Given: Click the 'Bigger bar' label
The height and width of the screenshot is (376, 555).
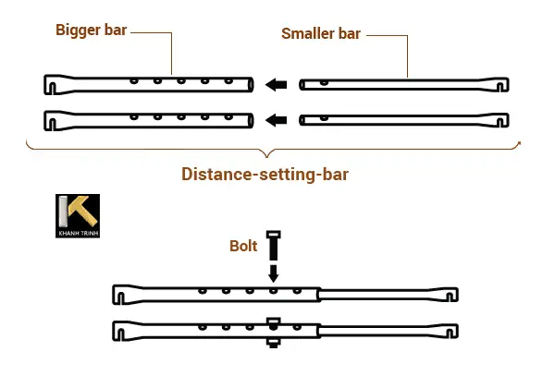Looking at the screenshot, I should (91, 30).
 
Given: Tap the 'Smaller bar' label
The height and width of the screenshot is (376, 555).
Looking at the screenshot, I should (320, 34).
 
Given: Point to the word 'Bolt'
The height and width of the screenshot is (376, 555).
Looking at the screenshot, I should (244, 247).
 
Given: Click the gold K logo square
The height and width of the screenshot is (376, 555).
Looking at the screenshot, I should (77, 212).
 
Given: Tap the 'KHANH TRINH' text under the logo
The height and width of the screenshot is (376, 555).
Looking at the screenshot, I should (77, 233).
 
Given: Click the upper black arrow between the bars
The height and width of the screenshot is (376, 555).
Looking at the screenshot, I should (275, 86).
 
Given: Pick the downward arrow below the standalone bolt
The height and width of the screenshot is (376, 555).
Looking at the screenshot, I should (273, 273).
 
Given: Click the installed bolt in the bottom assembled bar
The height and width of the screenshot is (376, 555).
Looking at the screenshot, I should (273, 332).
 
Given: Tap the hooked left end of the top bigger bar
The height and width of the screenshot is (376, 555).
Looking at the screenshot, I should (52, 85).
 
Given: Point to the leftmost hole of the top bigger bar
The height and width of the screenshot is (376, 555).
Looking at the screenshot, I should (135, 81).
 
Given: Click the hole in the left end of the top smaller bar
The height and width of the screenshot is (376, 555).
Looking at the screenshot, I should (308, 83).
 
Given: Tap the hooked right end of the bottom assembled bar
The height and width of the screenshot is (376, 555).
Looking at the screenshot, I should (450, 330).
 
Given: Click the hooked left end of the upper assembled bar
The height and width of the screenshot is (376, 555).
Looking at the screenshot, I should (118, 295).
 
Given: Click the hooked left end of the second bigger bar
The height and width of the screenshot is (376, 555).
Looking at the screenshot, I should (52, 120).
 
